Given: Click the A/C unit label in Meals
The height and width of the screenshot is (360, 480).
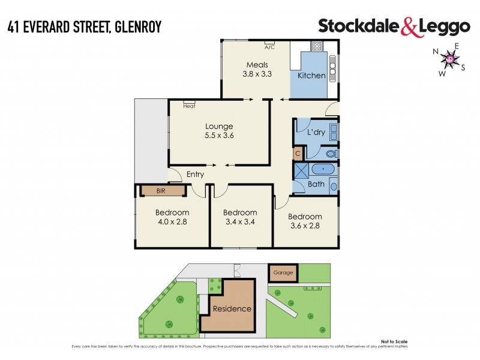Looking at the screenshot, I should pyautogui.click(x=269, y=46).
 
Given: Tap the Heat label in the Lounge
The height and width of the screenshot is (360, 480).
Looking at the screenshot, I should pyautogui.click(x=189, y=106).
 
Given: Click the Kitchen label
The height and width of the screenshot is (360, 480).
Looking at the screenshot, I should pyautogui.click(x=311, y=76).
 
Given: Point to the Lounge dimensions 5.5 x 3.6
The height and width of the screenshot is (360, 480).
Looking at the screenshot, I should pyautogui.click(x=219, y=136).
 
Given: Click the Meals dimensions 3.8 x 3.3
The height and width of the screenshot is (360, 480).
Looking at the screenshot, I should pyautogui.click(x=256, y=75).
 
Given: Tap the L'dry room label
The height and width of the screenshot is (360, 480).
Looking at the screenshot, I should pyautogui.click(x=316, y=133).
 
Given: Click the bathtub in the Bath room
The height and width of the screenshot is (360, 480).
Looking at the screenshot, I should pyautogui.click(x=323, y=169).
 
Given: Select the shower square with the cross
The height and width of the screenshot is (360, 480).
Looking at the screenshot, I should pyautogui.click(x=300, y=169).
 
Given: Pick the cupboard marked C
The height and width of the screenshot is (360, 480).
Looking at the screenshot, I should pyautogui.click(x=298, y=154).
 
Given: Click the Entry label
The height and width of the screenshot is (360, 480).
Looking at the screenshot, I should pyautogui.click(x=195, y=175).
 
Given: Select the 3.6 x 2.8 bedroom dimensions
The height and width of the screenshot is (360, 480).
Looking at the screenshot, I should pyautogui.click(x=305, y=226).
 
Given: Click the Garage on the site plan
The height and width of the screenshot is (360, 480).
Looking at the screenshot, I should pyautogui.click(x=283, y=272).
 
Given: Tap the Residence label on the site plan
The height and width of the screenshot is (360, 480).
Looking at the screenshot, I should pyautogui.click(x=232, y=309).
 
